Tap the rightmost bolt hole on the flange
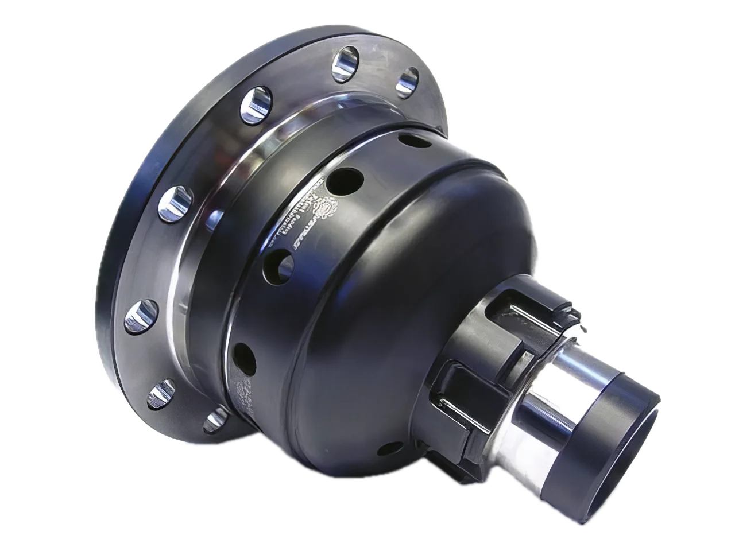tap(409, 80)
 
